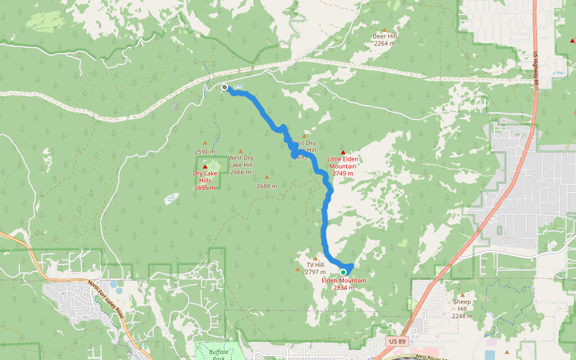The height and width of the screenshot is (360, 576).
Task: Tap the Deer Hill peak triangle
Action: click(384, 29)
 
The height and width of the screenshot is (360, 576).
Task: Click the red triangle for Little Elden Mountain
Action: click(343, 152)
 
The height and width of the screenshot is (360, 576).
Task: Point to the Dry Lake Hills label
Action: click(205, 181)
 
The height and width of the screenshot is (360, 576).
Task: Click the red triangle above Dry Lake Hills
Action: click(205, 167)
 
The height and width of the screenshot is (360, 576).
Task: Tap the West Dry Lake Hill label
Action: click(241, 164)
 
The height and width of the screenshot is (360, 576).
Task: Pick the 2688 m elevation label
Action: click(267, 186)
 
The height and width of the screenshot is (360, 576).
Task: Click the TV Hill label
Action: click(315, 268)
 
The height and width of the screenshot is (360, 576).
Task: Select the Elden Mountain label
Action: click(344, 284)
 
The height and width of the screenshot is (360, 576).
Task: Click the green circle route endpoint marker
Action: click(343, 272)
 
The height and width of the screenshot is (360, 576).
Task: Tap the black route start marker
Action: click(224, 88)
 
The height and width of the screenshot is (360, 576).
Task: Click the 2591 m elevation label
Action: click(205, 152)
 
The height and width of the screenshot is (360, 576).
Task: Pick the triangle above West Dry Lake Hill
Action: click(241, 151)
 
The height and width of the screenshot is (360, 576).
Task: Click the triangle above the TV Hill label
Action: click(315, 259)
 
